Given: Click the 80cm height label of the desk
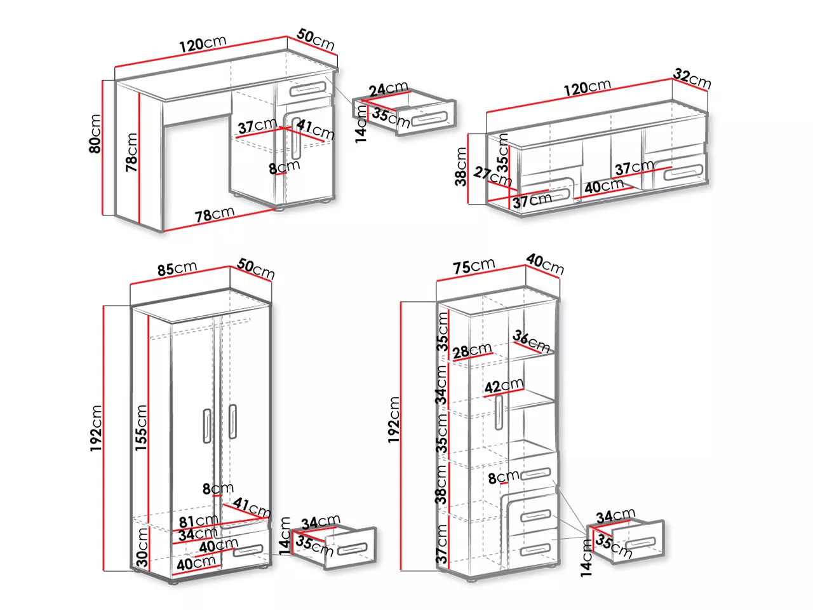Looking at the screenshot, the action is (x=95, y=133).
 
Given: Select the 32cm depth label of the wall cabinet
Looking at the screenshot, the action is (x=692, y=79).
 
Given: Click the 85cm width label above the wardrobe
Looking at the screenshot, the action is (x=177, y=268).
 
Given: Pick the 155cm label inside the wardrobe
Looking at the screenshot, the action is (x=141, y=428).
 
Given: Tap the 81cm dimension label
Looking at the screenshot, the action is (x=198, y=521).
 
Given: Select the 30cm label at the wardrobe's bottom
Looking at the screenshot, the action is (x=142, y=547).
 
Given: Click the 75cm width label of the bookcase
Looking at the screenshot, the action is (x=474, y=266).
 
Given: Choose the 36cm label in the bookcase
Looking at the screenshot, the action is (x=531, y=341).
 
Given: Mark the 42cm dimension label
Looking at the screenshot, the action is (x=504, y=386).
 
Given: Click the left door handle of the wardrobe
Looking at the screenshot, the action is (x=207, y=426).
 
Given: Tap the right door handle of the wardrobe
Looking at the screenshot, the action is (x=232, y=422).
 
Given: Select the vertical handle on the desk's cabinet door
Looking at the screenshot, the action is (x=296, y=138).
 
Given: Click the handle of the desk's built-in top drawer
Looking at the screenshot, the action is (x=308, y=88).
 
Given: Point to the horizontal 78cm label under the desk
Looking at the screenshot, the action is (x=215, y=213).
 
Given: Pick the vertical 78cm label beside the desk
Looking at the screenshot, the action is (x=131, y=152).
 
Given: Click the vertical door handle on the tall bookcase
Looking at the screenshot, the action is (x=499, y=412).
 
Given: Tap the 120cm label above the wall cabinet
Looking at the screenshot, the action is (x=587, y=87).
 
